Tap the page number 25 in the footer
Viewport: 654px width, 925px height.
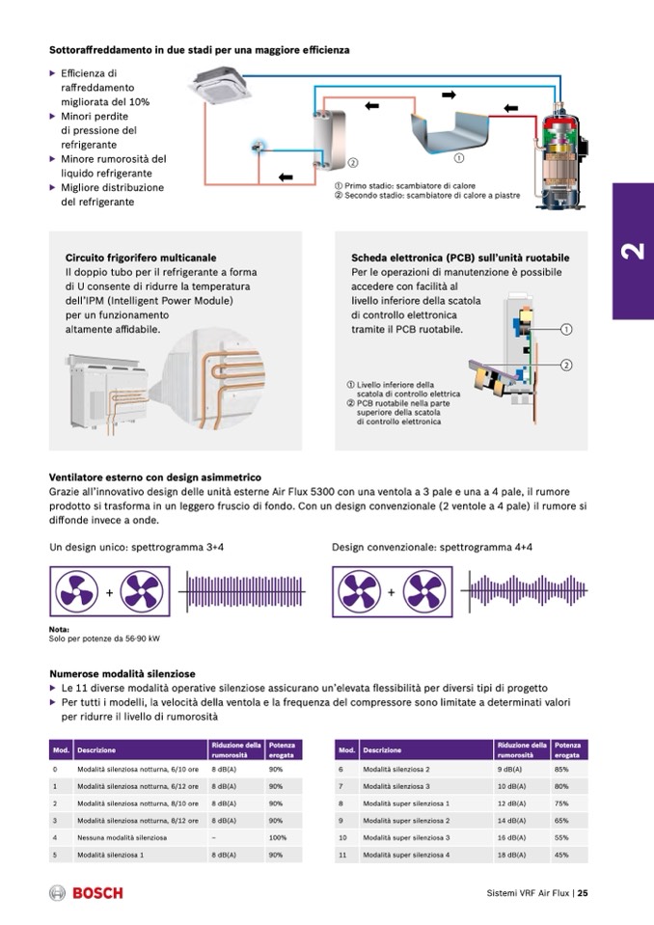[584, 892]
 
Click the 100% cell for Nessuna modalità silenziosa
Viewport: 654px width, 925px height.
[279, 837]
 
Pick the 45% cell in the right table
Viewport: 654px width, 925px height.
[562, 855]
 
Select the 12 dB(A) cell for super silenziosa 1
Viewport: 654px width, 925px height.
[511, 803]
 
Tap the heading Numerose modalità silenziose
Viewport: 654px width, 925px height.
[123, 673]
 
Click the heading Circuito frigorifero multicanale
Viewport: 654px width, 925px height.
[141, 258]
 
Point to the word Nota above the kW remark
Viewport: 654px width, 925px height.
[58, 630]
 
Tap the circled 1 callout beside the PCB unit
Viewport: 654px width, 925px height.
[567, 329]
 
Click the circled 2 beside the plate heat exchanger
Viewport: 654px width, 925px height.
[353, 162]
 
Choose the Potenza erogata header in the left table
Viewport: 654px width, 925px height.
[283, 749]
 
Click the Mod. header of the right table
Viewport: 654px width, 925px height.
[344, 749]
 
